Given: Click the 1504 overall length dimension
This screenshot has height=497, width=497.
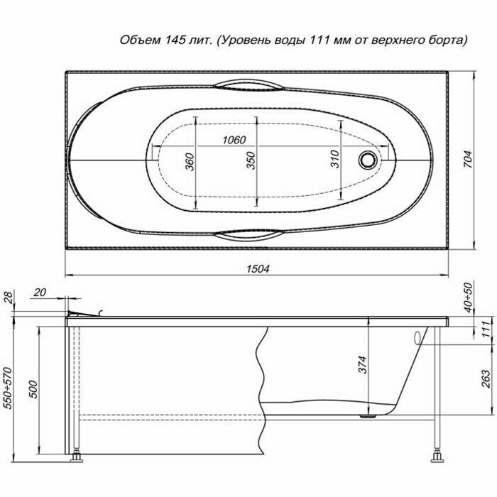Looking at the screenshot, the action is (258, 269).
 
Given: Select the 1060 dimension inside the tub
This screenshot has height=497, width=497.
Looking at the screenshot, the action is (234, 140).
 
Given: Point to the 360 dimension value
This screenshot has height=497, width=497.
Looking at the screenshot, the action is (190, 162).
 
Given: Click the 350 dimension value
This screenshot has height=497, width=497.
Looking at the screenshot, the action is (251, 160).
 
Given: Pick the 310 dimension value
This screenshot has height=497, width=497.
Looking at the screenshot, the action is (334, 159).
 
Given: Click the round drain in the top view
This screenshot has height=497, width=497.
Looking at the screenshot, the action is (368, 160).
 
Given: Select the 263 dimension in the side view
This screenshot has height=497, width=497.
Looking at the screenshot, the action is (485, 378).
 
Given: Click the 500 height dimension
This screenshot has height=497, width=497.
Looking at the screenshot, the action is (33, 389).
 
